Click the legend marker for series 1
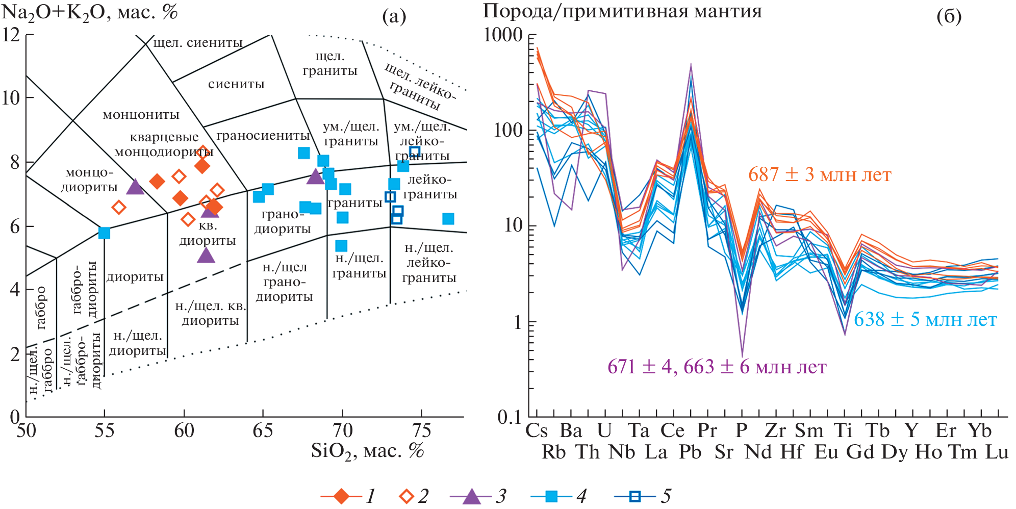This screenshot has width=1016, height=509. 341,496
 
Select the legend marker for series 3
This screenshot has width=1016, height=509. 471,496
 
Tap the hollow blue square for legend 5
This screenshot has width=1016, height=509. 635,496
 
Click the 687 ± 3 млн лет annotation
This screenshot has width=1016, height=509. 819,175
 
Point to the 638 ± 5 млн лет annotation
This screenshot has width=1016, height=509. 925,320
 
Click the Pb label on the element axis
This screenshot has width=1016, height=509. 690,452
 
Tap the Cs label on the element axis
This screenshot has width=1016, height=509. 537,430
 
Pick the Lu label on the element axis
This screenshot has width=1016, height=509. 997,452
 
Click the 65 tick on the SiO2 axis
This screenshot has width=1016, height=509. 263,431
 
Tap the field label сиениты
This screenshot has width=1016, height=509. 236,84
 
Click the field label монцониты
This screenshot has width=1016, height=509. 141,115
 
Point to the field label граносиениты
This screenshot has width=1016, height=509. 263,136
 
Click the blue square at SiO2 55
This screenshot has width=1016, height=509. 104,233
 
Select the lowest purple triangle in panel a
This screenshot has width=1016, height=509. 206,255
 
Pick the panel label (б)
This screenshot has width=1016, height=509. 949,16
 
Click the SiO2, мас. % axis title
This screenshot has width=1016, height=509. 367,451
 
